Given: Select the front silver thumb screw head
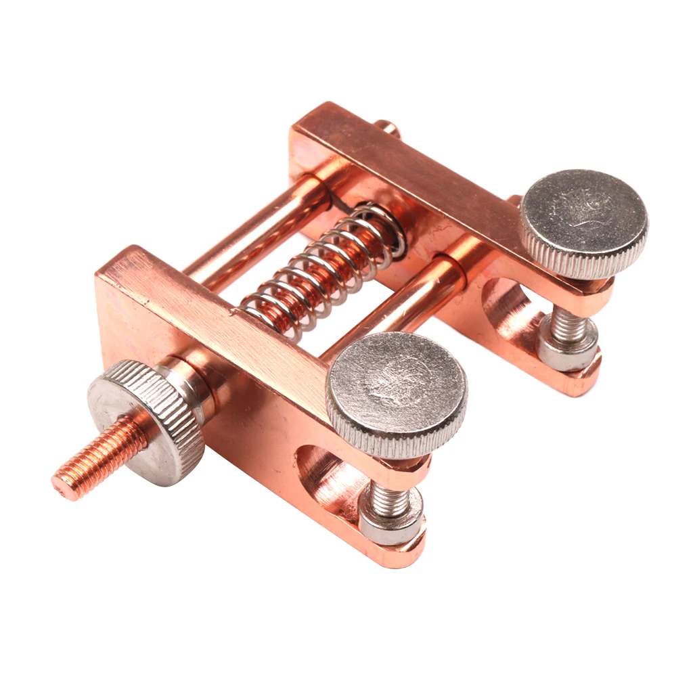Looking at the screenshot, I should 397,390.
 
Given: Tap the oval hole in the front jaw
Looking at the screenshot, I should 325,474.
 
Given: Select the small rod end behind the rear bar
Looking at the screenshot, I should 387,127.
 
